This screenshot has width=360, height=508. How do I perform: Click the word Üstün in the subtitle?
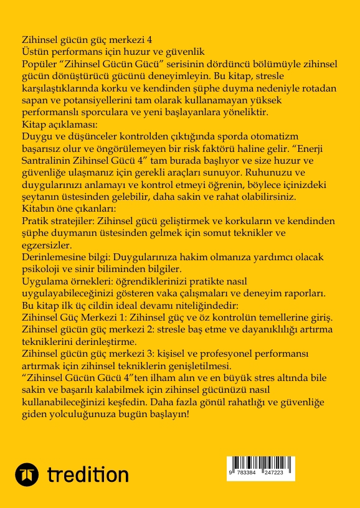point(34,52)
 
